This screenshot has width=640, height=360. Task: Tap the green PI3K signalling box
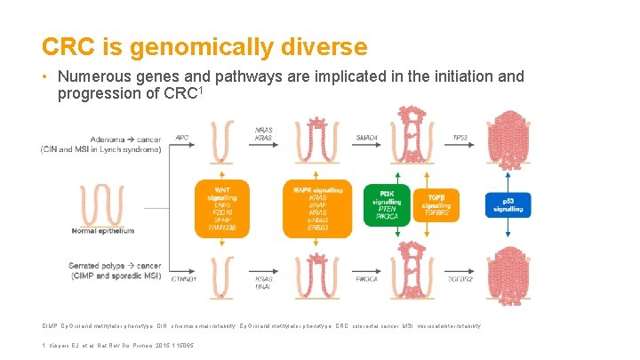[x=387, y=204]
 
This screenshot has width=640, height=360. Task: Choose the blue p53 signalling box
[x=508, y=204]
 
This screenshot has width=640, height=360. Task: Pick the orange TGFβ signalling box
[x=436, y=204]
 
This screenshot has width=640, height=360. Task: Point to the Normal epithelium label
[x=103, y=230]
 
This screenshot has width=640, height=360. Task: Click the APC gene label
[x=182, y=138]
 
